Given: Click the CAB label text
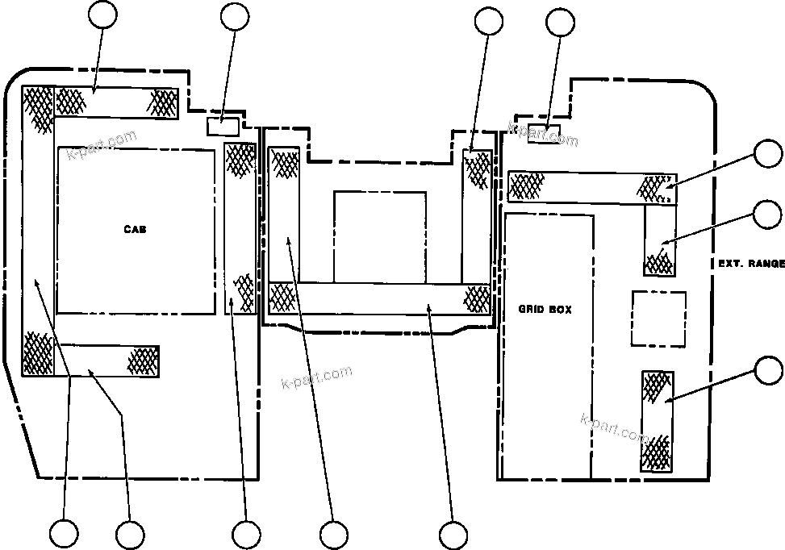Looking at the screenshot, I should [135, 229].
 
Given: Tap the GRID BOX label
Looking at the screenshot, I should [545, 309].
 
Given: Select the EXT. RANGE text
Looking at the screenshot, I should [750, 264].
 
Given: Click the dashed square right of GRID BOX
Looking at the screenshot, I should [658, 319].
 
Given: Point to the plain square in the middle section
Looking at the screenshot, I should [379, 236].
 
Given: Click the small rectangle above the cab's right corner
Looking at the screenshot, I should [223, 127].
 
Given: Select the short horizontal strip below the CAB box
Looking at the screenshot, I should [106, 360].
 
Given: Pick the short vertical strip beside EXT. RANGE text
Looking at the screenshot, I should [659, 239].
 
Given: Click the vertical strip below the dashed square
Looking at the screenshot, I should [657, 420].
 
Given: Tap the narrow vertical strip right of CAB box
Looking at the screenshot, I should [240, 228].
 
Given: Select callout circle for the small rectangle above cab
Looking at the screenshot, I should [235, 18].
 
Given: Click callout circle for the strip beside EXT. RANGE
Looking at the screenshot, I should [766, 215].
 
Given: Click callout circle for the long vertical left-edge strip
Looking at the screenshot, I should [64, 534].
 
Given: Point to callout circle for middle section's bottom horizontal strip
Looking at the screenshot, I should [453, 534].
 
